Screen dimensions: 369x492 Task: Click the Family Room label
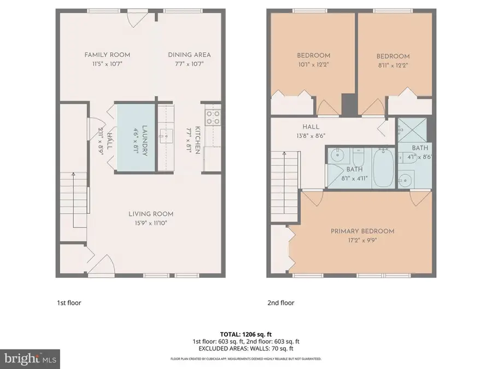point(107,55)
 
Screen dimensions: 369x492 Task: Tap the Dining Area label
point(189,55)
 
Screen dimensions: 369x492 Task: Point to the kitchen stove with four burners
point(213,117)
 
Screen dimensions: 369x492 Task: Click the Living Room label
point(151,214)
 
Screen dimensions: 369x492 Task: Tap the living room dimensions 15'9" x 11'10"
point(151,222)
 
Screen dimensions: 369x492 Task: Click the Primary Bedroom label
point(362,231)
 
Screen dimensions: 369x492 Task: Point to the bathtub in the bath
point(382,169)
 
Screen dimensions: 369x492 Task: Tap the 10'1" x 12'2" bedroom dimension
point(313,64)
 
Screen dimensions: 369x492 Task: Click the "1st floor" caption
point(69,302)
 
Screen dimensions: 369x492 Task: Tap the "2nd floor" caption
point(280,302)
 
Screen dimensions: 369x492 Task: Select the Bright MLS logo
point(31,359)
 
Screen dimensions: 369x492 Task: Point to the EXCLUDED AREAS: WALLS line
point(245,348)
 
